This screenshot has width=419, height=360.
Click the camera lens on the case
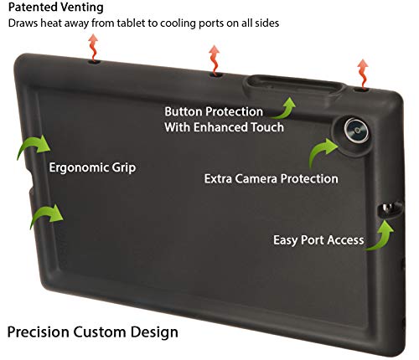356,131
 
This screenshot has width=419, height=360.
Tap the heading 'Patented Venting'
56,7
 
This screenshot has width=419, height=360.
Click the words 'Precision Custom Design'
93,332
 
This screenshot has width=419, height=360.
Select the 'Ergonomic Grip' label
92,167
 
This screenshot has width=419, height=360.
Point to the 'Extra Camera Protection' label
272,178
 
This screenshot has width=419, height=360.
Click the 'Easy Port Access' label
318,240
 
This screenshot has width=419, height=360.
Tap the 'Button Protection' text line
214,112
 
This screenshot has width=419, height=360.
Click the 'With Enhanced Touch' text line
225,127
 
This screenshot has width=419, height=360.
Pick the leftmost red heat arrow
93,48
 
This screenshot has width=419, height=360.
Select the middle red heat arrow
215,60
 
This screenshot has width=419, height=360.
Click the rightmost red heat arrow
363,74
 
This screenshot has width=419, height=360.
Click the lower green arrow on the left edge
46,214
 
